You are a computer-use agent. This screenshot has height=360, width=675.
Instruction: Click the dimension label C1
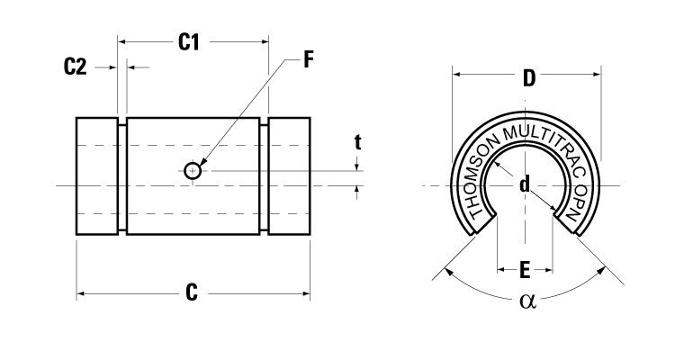point(188,41)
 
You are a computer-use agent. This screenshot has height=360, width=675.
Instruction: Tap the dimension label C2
point(76,67)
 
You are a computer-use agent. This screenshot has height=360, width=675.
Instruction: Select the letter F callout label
point(308,60)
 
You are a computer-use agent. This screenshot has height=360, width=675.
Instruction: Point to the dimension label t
point(357,141)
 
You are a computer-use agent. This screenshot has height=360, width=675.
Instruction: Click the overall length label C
point(192,292)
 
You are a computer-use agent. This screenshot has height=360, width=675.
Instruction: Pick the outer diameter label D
point(528,78)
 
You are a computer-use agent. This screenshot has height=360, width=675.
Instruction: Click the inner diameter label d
point(524,184)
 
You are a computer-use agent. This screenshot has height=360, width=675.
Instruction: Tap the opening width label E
point(525,269)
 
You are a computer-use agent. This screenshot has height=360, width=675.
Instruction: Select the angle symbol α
point(527,301)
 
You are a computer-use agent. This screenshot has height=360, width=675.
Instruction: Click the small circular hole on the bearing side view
point(193,170)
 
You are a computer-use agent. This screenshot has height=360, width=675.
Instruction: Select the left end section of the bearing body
point(96,176)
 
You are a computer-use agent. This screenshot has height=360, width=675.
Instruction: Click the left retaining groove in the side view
point(122,177)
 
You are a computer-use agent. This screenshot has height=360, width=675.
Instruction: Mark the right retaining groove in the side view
point(265,177)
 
